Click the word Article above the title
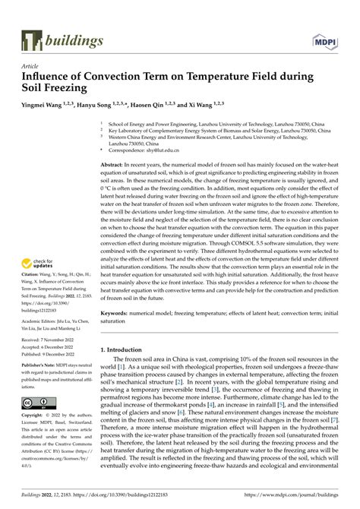31,66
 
